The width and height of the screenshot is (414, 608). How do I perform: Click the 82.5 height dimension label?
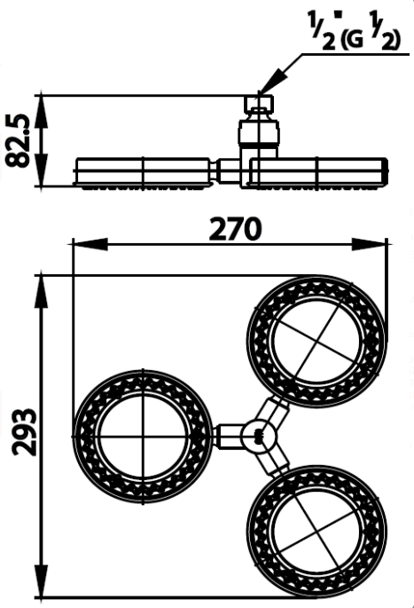pos(18,140)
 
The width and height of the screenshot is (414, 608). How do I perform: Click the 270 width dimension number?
pos(235,229)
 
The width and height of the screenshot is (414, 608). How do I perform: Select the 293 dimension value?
pos(24,432)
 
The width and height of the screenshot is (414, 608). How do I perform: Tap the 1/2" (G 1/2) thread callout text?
pos(354,32)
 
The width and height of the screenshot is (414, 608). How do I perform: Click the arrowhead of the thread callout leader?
pos(273,81)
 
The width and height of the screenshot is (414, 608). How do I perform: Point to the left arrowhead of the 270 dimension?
pos(90,244)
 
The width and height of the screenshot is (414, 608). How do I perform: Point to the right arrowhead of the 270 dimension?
pos(369,244)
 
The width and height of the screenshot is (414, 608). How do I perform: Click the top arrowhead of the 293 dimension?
pos(42,292)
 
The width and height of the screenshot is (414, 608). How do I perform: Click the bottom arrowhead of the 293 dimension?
pos(42,580)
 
